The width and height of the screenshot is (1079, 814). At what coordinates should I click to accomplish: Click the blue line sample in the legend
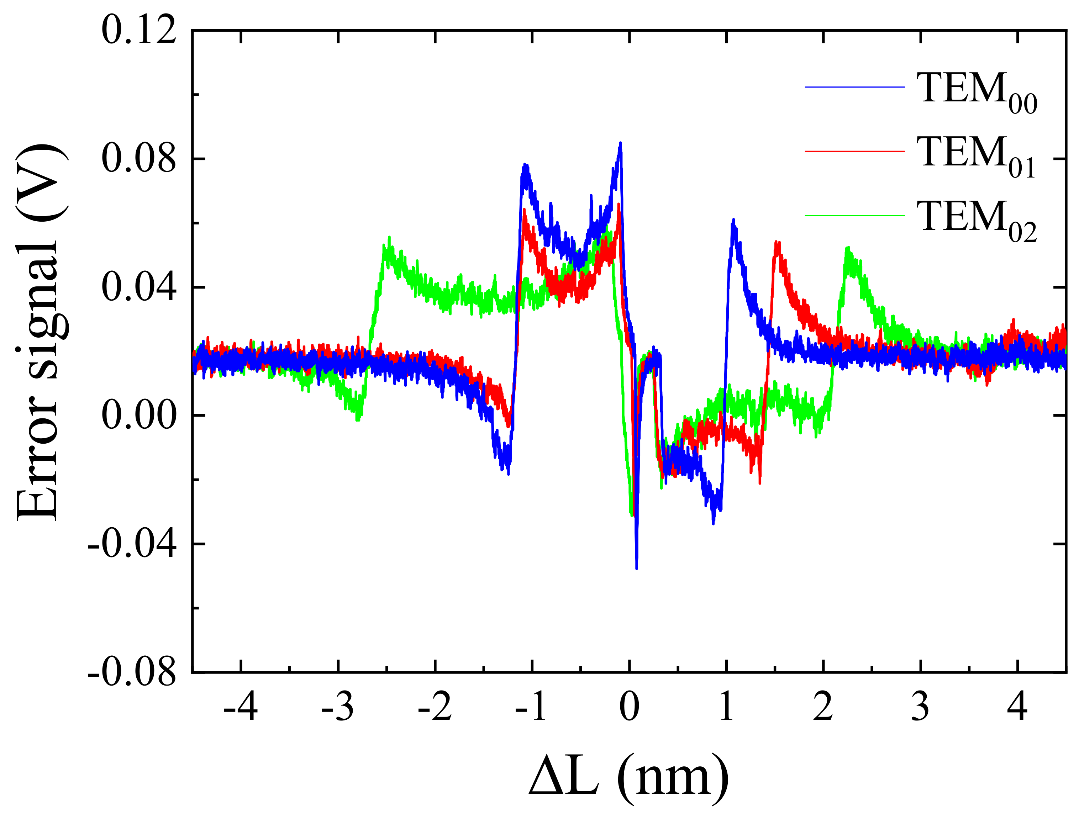[x=854, y=87]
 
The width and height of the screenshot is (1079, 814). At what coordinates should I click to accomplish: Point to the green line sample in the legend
[x=854, y=216]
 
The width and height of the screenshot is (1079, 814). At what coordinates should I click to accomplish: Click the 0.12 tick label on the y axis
[x=138, y=30]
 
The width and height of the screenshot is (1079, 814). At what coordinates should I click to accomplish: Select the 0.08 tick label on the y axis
[x=138, y=159]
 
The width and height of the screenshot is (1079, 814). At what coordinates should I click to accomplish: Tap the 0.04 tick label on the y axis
[x=138, y=287]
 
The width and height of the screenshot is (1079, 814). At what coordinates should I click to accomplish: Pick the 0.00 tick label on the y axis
[x=138, y=416]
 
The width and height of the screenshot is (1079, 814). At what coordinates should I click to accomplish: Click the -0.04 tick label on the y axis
[x=132, y=544]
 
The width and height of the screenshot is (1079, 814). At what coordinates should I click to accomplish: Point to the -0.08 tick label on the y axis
[x=132, y=672]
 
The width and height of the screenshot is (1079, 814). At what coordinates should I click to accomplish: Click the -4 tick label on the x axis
[x=241, y=708]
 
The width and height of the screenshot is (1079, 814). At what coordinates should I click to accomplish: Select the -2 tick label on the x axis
[x=435, y=708]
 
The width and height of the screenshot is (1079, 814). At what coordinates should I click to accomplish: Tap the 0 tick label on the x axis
[x=629, y=708]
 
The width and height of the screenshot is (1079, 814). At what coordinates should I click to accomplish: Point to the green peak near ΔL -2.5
[x=389, y=238]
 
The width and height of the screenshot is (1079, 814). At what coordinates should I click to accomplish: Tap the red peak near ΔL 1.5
[x=778, y=242]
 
